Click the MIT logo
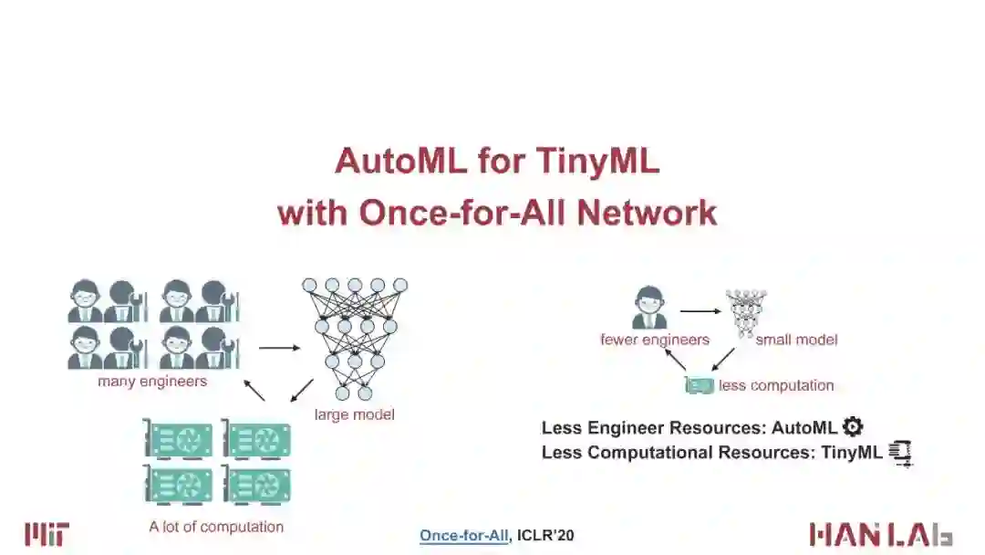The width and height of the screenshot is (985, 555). coord(47,534)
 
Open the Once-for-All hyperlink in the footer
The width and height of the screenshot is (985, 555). coord(464,536)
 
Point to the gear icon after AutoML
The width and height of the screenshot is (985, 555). coord(853,426)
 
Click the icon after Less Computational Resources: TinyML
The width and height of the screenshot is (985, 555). coord(900,452)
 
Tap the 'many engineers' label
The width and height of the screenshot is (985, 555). coord(152,382)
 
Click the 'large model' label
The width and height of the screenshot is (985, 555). coord(354,414)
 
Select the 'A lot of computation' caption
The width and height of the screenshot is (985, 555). coord(216,527)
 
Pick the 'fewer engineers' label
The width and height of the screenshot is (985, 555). coord(654,340)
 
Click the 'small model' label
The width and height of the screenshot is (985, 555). coord(796,340)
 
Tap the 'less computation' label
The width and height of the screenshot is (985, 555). coord(776,385)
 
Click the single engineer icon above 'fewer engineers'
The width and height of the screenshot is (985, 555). coord(649,308)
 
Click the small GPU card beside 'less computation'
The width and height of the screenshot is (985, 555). coord(700,385)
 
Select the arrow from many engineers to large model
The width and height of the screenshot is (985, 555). coord(279,347)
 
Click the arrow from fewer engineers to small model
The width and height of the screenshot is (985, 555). coord(700,311)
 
